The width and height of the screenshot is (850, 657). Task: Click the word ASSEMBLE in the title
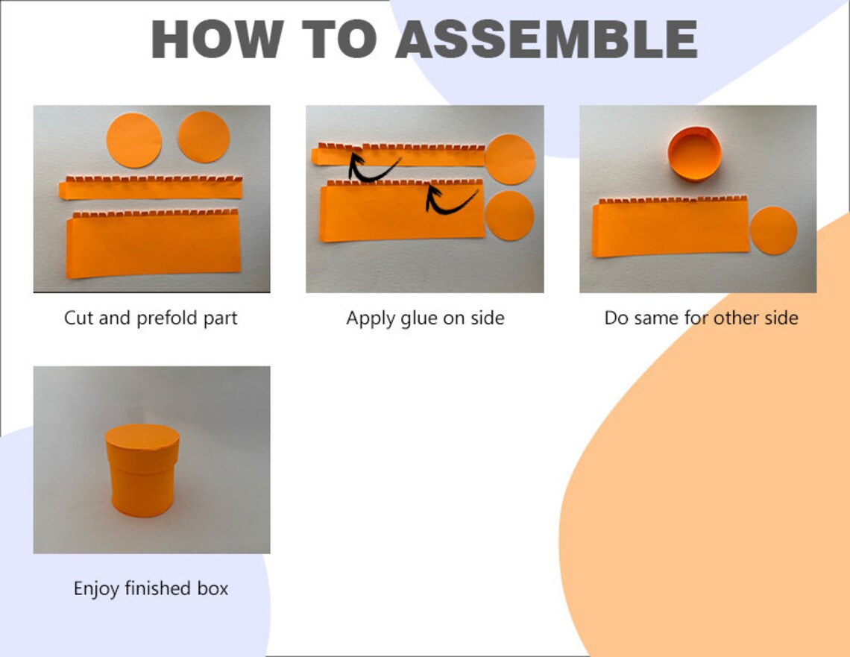point(547,39)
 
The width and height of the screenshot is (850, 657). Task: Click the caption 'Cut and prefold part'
point(151,318)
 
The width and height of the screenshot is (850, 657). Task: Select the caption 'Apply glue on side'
point(425,318)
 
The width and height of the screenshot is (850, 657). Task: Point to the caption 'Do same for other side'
point(701,318)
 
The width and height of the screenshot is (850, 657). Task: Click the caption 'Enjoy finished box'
point(151,588)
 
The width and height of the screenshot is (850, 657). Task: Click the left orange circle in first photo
point(134,140)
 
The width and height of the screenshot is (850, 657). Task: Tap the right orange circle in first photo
point(204,137)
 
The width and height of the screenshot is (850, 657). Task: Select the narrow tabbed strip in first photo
point(151,188)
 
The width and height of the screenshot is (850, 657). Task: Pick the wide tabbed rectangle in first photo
point(153,244)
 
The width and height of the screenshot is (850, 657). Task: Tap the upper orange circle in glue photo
point(509,160)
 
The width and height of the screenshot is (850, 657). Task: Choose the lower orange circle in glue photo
point(509,216)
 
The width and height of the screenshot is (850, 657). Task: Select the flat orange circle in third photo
point(773,230)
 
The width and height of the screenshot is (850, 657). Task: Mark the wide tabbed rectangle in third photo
point(670,227)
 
